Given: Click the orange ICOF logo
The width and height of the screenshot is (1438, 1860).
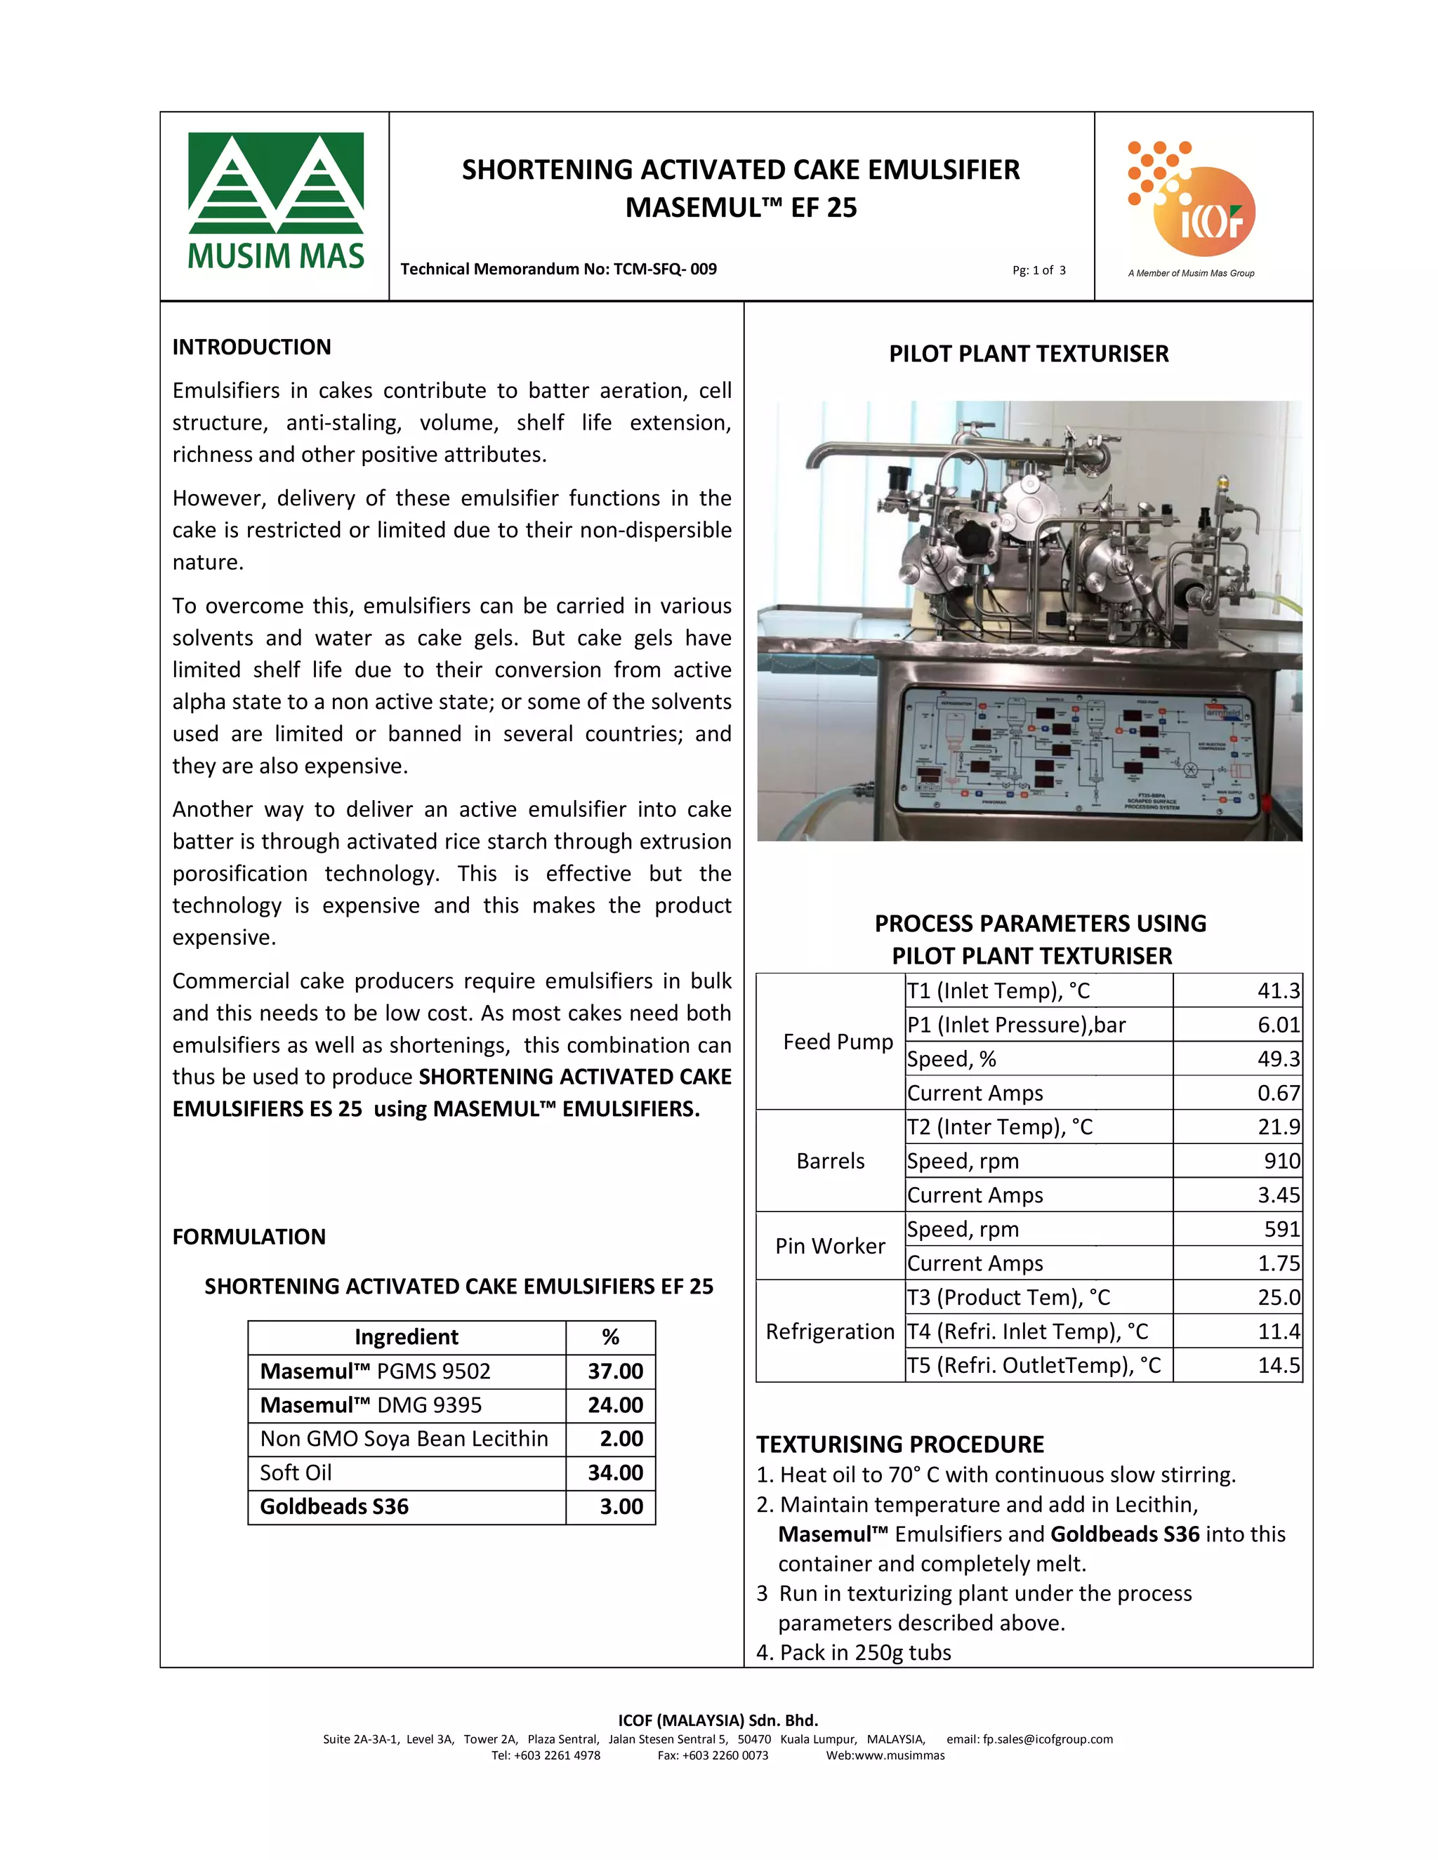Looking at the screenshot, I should pos(1192,202).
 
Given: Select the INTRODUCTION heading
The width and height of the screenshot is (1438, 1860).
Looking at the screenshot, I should pos(251,347).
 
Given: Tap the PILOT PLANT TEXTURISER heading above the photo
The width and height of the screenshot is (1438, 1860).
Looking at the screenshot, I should pos(1028,354).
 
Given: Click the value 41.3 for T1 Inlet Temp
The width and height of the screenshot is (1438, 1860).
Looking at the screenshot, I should pos(1278,990).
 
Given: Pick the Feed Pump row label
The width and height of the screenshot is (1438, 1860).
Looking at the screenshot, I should pos(838,1042).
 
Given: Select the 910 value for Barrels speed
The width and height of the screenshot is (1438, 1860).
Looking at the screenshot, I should pos(1281,1161).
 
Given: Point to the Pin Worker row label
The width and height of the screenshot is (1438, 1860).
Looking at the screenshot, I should pos(830,1246).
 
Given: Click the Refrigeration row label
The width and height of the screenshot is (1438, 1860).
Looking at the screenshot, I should pos(830,1331).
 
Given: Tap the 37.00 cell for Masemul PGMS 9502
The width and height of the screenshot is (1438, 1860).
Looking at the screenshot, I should pos(614,1371).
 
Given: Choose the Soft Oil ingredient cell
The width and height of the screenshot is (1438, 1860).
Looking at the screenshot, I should pos(296,1473).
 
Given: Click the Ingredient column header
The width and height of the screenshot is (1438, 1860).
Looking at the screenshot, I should pos(407,1337).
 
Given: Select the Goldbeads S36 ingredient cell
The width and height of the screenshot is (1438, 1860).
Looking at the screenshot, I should pos(334,1506).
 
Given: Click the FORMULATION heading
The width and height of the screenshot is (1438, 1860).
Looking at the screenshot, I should pos(249,1237).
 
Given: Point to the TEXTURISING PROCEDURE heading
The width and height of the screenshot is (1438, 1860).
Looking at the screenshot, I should pos(899,1444).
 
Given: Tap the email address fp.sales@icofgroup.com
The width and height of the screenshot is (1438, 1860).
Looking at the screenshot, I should pos(1047,1739).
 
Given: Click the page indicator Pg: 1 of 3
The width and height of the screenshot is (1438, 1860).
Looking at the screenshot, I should pos(1038,270).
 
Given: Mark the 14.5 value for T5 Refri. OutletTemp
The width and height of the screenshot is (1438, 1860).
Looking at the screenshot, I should pos(1278,1365).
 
